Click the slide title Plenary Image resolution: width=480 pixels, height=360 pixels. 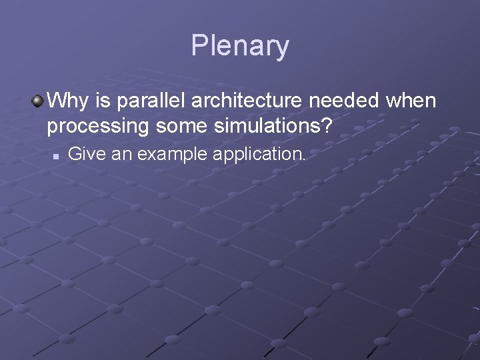[x=240, y=46]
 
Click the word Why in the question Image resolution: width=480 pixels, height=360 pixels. [x=65, y=101]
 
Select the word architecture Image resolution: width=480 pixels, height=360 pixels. [x=239, y=101]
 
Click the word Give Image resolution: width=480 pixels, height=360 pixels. [x=83, y=155]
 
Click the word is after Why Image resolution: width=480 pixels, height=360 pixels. [x=93, y=101]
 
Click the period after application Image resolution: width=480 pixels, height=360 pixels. [x=303, y=160]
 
